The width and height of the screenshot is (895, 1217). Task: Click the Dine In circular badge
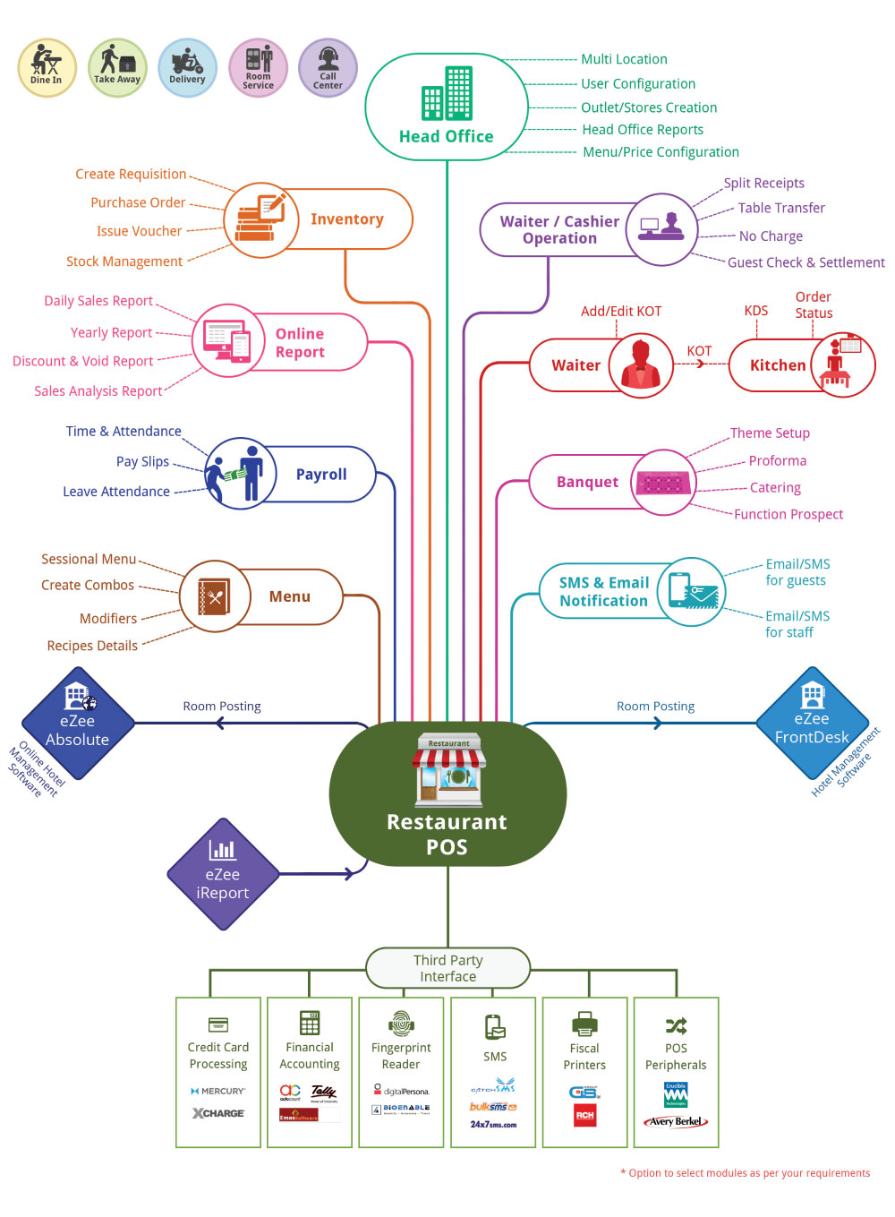(x=47, y=68)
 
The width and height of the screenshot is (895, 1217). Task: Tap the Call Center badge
(x=328, y=68)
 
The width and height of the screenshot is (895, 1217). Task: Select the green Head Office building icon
(x=447, y=94)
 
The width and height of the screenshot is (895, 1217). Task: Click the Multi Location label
(x=624, y=59)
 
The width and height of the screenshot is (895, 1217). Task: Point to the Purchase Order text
(x=138, y=202)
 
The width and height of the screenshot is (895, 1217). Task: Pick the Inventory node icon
(x=260, y=219)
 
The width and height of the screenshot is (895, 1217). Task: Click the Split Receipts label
(x=763, y=183)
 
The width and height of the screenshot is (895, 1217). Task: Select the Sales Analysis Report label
(x=98, y=390)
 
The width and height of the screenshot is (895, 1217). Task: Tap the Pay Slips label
(x=142, y=461)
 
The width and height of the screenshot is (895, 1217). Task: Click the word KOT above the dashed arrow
(x=699, y=351)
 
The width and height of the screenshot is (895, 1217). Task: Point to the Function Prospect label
(x=788, y=514)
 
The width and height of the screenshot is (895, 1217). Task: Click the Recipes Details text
(x=92, y=646)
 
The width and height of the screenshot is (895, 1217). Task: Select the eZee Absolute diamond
(x=78, y=723)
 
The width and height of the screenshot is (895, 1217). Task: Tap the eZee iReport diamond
(x=223, y=874)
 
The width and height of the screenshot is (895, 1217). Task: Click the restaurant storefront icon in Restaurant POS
(x=448, y=771)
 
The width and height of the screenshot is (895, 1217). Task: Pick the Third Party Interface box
(x=448, y=968)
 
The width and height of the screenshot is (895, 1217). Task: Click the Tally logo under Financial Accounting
(x=323, y=1092)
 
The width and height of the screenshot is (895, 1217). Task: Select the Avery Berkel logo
(x=676, y=1121)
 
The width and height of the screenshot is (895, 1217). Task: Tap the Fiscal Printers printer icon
(x=584, y=1024)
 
